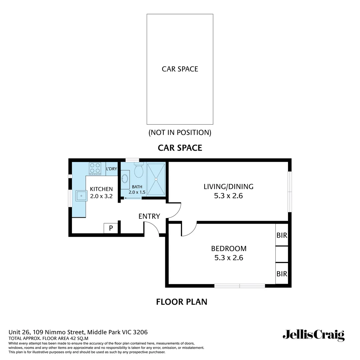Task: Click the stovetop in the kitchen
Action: pos(95,169)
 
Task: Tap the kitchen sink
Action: pos(81,196)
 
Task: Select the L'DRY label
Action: pos(111,169)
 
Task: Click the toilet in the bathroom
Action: pos(138,171)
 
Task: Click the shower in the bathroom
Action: pos(156,179)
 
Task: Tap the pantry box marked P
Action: pos(111,228)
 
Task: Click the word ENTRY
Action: pos(149,216)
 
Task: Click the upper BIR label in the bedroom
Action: pos(282,235)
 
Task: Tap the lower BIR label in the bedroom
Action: pos(282,274)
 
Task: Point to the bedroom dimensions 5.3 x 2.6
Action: pos(229,258)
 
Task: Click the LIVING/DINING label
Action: pos(228,187)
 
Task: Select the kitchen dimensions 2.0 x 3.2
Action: pos(101,196)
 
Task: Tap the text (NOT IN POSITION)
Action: pos(180,132)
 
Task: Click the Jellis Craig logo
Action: pos(313,335)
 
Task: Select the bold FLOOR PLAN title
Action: pos(182,302)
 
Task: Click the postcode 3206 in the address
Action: pos(140,332)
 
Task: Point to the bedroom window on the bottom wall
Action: pos(239,286)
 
